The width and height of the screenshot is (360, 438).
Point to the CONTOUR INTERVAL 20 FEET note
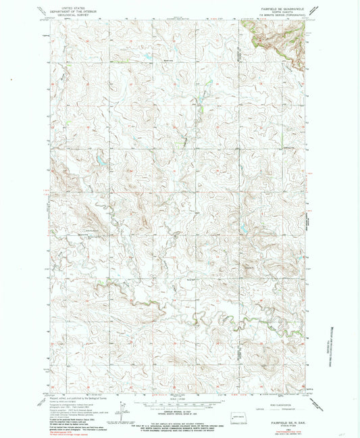point(180,411)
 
